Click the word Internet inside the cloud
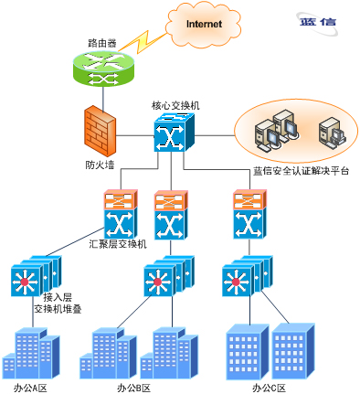(x=204, y=24)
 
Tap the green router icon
(x=103, y=69)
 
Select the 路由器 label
(x=102, y=43)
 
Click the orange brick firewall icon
(x=101, y=132)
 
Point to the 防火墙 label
(x=100, y=165)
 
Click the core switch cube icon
(x=174, y=133)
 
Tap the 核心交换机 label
(x=175, y=105)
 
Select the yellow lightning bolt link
(x=142, y=42)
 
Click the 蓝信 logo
(x=317, y=23)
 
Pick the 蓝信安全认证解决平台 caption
(x=301, y=171)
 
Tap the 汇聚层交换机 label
(x=118, y=244)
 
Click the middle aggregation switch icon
(x=171, y=215)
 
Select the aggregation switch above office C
(x=249, y=214)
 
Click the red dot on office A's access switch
(x=25, y=282)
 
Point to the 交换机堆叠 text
(x=58, y=309)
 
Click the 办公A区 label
(x=30, y=388)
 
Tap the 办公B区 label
(x=134, y=388)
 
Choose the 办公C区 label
(x=270, y=388)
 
